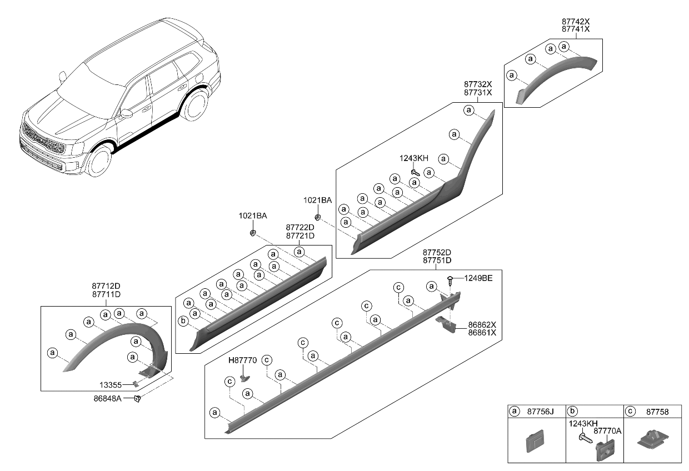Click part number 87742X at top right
575,21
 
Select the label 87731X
477,93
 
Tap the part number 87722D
300,227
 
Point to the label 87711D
106,294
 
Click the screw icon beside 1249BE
451,280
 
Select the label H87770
242,360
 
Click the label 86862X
482,324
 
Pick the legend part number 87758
657,412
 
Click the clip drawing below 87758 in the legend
652,441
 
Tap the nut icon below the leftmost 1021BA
253,233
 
